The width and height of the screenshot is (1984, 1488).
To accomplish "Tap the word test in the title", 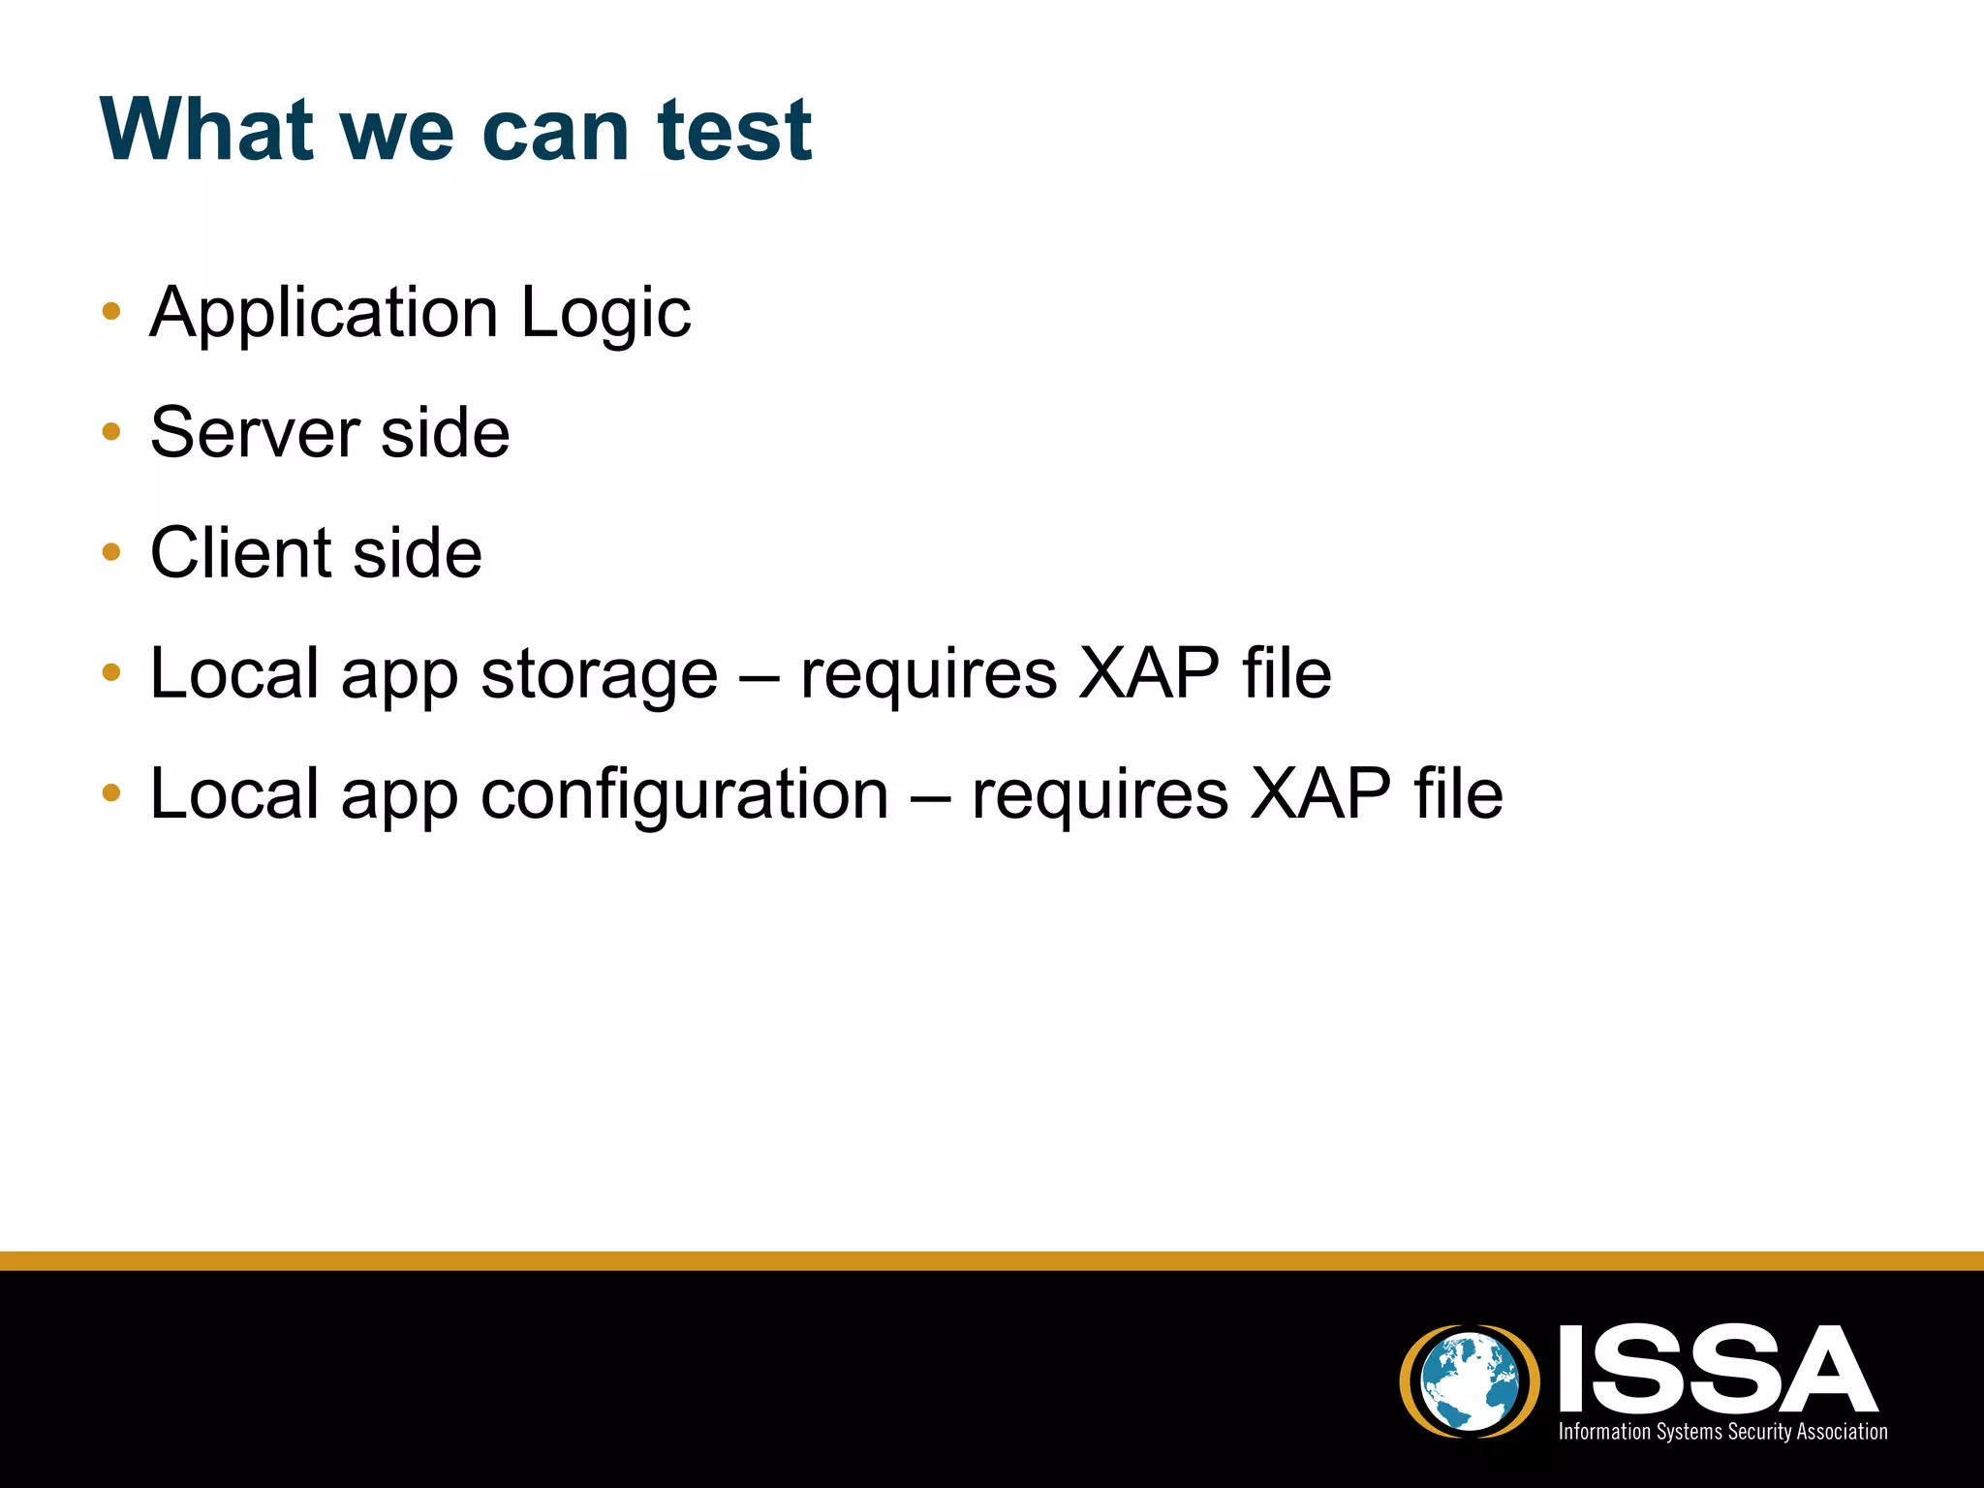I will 733,130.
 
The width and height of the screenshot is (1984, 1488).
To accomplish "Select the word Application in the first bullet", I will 325,314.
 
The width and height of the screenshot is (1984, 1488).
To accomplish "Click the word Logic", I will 605,314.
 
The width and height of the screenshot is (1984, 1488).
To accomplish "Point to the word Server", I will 255,432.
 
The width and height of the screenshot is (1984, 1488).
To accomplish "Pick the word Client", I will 241,553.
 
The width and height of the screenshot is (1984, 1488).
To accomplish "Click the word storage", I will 599,675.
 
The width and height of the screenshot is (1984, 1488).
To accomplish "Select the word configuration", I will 684,795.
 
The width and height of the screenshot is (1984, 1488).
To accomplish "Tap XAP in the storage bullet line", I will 1149,673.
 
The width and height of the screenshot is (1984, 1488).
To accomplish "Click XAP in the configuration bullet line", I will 1320,794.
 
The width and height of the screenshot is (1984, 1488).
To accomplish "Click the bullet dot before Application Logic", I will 111,312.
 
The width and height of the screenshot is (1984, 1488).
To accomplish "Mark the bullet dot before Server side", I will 111,432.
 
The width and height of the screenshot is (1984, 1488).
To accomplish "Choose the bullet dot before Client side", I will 111,552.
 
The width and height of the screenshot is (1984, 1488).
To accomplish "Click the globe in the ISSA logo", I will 1470,1380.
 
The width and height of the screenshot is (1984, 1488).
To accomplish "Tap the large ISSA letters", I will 1717,1369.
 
